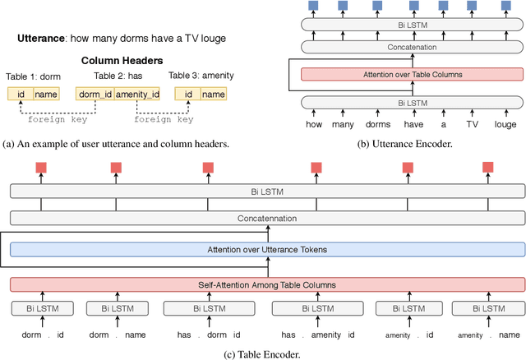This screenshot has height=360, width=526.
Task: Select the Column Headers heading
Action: click(x=122, y=61)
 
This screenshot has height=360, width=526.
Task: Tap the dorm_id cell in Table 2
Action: click(x=94, y=95)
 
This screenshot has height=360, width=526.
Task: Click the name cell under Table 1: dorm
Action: click(x=47, y=95)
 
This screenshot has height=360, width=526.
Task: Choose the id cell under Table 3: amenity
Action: click(x=187, y=95)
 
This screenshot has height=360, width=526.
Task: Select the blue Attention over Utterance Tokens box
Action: click(x=267, y=248)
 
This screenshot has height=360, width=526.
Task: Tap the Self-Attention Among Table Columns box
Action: click(x=267, y=284)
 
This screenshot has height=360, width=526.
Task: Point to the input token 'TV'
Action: click(x=471, y=125)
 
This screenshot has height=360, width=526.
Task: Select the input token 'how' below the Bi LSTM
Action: click(x=314, y=125)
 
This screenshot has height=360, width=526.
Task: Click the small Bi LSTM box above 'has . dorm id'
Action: click(x=209, y=308)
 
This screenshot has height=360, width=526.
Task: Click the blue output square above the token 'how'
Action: click(x=314, y=6)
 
